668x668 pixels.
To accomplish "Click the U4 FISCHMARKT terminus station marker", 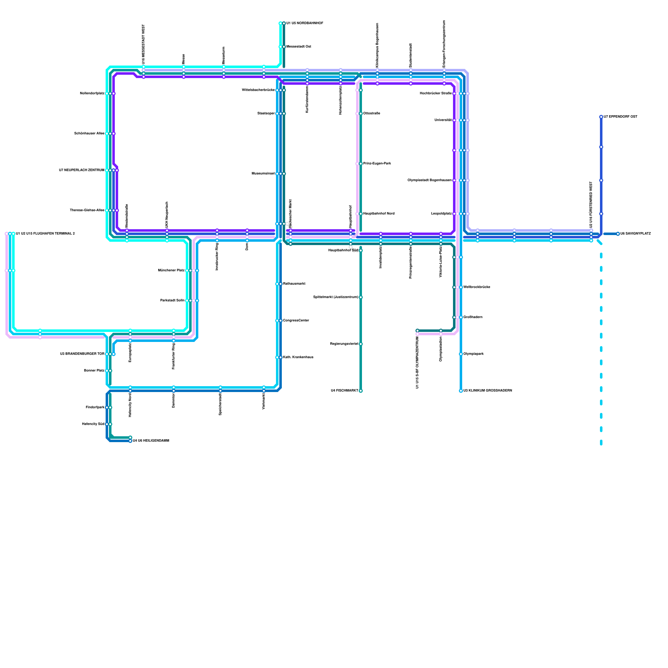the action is pyautogui.click(x=361, y=391).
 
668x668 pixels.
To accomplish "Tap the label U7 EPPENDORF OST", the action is pyautogui.click(x=620, y=117).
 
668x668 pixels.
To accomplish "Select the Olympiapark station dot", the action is pyautogui.click(x=461, y=354).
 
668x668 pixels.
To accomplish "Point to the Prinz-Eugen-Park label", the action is pyautogui.click(x=377, y=164).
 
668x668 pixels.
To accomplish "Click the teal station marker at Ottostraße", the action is pyautogui.click(x=361, y=114).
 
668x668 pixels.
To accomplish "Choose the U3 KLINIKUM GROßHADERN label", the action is pyautogui.click(x=488, y=391).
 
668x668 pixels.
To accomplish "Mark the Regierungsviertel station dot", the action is pyautogui.click(x=361, y=344).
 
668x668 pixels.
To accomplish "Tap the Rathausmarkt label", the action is pyautogui.click(x=294, y=284).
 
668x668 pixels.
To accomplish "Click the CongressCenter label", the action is pyautogui.click(x=296, y=321).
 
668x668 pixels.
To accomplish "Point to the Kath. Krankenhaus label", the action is pyautogui.click(x=298, y=357).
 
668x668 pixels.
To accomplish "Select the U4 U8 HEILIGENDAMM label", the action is pyautogui.click(x=151, y=441).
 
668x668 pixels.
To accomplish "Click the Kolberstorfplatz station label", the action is pyautogui.click(x=92, y=94).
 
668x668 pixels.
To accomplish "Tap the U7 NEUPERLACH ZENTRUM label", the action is pyautogui.click(x=81, y=170).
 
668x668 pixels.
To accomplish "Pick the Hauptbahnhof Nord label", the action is pyautogui.click(x=379, y=214).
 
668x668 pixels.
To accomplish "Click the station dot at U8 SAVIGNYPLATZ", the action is pyautogui.click(x=618, y=234).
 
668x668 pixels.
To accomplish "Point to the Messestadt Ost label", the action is pyautogui.click(x=299, y=47).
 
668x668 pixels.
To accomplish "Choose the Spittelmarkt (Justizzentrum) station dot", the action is pyautogui.click(x=361, y=297).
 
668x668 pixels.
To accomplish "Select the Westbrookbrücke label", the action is pyautogui.click(x=477, y=287).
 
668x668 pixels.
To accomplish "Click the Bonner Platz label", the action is pyautogui.click(x=94, y=371).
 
